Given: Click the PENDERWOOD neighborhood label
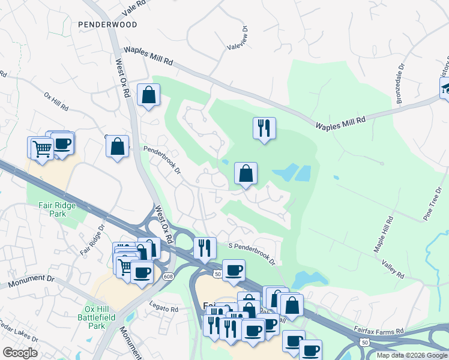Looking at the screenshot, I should [107, 25].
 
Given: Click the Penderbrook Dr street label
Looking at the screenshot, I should [161, 158].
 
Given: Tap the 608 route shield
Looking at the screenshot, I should [167, 276].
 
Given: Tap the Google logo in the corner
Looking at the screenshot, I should [20, 353].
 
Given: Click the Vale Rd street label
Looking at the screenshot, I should [133, 5].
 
